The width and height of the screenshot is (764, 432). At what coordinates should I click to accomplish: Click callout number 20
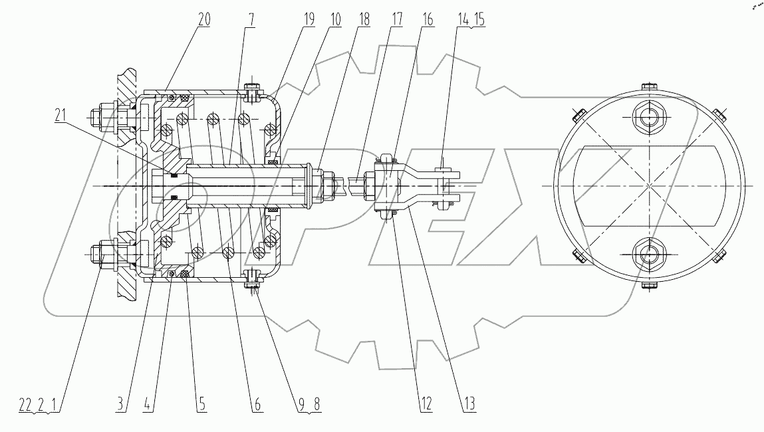pyautogui.click(x=203, y=19)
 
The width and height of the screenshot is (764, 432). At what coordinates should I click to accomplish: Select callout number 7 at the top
pyautogui.click(x=250, y=19)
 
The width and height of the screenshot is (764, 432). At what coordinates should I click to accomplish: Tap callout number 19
pyautogui.click(x=309, y=19)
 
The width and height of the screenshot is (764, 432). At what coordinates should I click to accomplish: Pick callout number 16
pyautogui.click(x=427, y=19)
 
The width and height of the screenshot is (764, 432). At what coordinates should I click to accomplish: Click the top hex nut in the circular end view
pyautogui.click(x=646, y=118)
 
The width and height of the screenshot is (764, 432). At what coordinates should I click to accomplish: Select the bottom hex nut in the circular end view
pyautogui.click(x=646, y=253)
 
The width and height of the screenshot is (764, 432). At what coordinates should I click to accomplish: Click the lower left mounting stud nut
pyautogui.click(x=107, y=254)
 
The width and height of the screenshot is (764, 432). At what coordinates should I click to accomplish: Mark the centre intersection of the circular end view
pyautogui.click(x=646, y=185)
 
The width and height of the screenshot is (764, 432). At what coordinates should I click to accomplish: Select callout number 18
pyautogui.click(x=363, y=19)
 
